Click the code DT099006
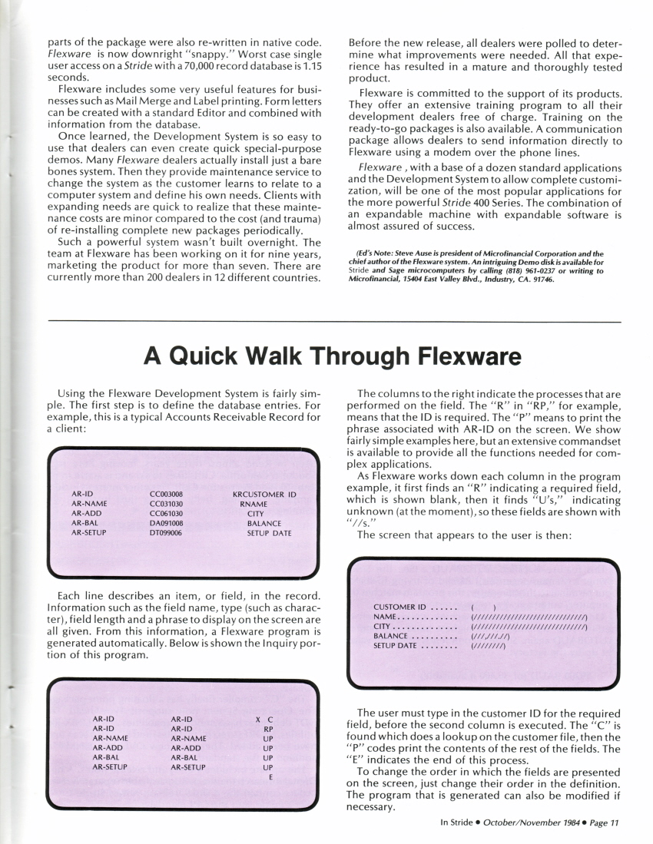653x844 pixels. click(166, 532)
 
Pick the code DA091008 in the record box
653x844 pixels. click(166, 522)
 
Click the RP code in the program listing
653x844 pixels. click(268, 728)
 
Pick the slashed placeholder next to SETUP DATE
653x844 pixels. click(488, 646)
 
